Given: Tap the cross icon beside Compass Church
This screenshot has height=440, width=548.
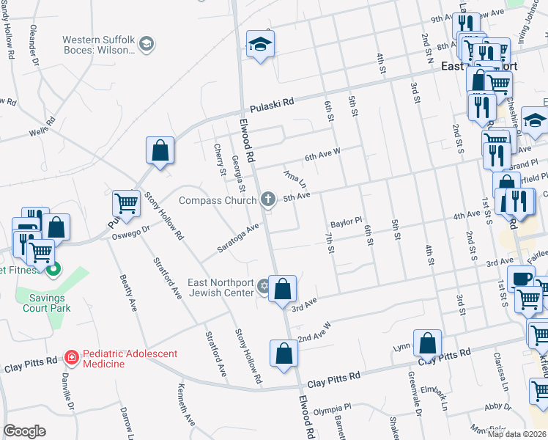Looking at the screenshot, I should point(269,199).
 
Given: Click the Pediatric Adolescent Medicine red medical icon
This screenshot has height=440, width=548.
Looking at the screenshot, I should point(72,358).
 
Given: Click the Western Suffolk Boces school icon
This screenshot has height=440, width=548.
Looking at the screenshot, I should point(147,45).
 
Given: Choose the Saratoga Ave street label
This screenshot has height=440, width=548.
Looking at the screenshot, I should point(238,238).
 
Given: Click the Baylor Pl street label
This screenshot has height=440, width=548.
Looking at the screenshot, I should point(347,221).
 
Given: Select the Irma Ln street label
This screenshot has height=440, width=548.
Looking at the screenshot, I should point(297,180).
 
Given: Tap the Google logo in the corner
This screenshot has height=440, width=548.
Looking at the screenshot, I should point(24,431).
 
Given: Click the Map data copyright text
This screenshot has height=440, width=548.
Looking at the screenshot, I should point(517,434).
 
